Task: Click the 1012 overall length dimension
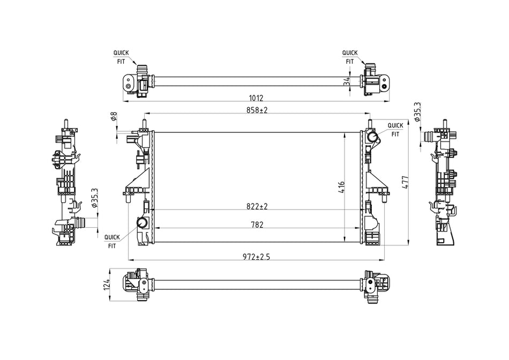(256, 97)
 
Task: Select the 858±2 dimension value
(257, 110)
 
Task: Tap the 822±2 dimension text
(257, 206)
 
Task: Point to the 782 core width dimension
(257, 224)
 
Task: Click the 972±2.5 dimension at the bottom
(257, 257)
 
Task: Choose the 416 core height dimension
(341, 187)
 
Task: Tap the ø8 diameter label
(114, 116)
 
